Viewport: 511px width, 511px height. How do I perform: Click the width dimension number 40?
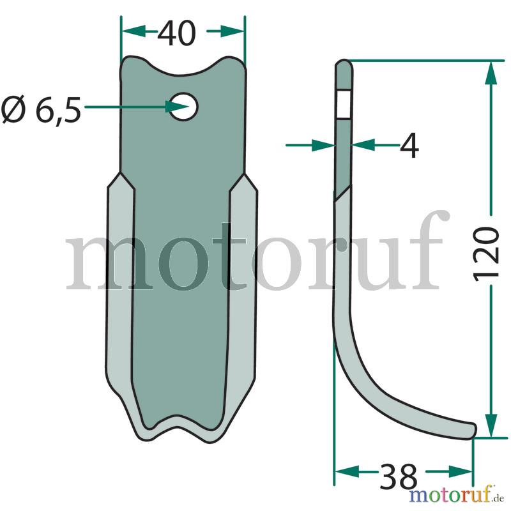click(x=177, y=33)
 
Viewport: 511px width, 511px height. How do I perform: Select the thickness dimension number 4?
click(x=409, y=146)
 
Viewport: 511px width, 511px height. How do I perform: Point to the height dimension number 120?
click(x=486, y=254)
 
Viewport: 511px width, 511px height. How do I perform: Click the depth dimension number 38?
click(x=399, y=477)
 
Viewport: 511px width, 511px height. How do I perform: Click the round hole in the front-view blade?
click(x=184, y=107)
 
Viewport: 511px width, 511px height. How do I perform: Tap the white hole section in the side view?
click(x=344, y=104)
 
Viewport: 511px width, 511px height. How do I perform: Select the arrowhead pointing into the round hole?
click(x=176, y=107)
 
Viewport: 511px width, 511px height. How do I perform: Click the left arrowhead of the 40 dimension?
click(x=133, y=31)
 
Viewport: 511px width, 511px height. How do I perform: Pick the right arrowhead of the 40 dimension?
click(x=232, y=31)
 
